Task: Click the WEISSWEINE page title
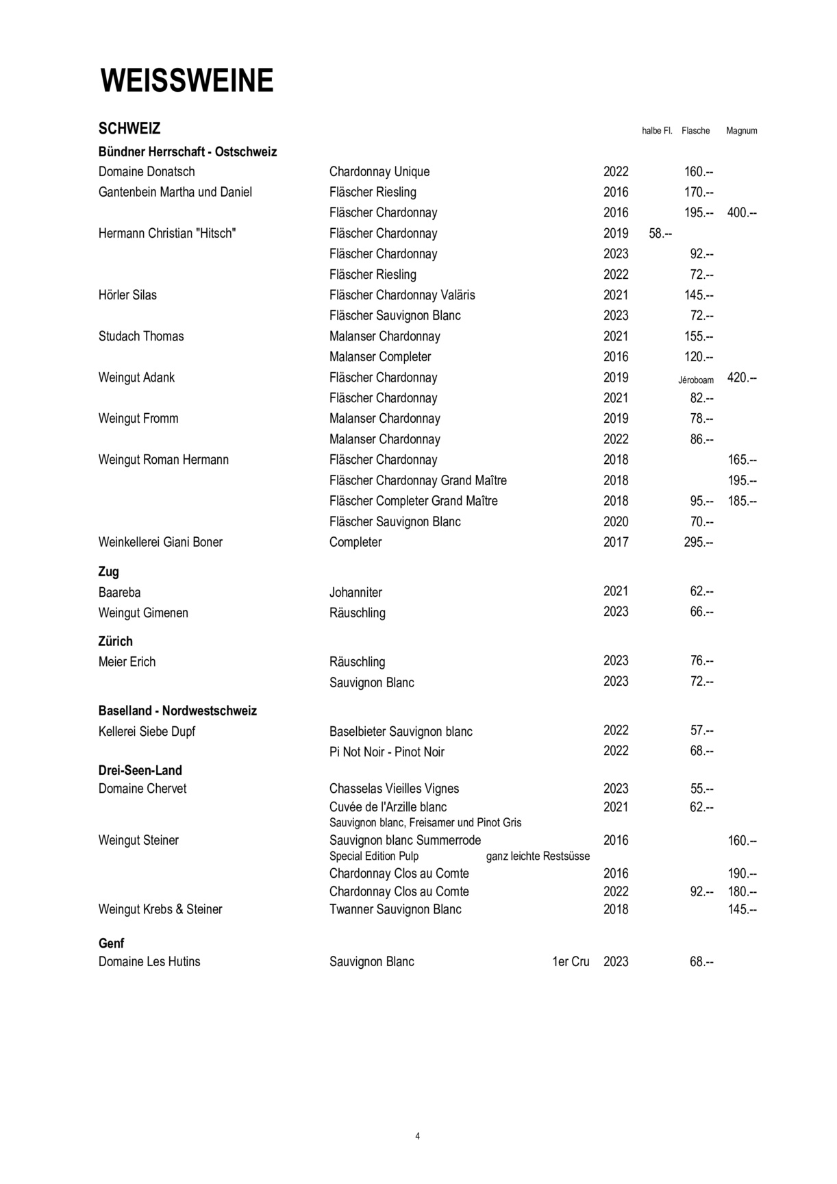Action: click(187, 81)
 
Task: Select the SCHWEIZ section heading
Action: click(129, 129)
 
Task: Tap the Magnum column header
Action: click(741, 131)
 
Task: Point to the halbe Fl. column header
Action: click(657, 131)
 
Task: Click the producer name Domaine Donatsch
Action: click(147, 172)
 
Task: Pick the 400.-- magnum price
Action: click(742, 213)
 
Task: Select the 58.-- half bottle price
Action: click(660, 234)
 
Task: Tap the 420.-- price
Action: click(742, 378)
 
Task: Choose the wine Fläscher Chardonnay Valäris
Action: click(402, 295)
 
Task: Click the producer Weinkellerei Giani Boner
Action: click(160, 542)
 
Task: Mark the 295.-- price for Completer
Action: click(699, 542)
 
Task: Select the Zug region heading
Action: click(109, 571)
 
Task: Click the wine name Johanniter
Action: click(355, 593)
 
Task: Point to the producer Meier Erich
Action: click(127, 662)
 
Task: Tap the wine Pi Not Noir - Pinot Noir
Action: click(386, 752)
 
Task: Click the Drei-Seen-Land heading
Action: click(140, 770)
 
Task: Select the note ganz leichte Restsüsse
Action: click(538, 856)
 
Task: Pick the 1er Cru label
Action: click(571, 962)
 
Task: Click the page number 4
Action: click(418, 1136)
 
